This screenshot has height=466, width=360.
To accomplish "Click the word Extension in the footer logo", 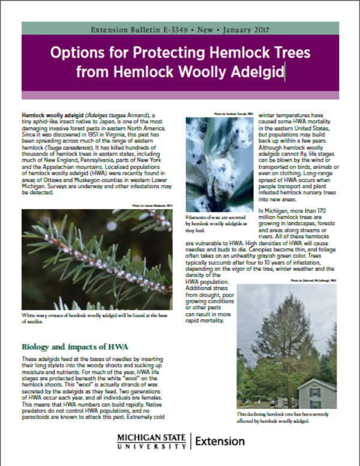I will point(221,441).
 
